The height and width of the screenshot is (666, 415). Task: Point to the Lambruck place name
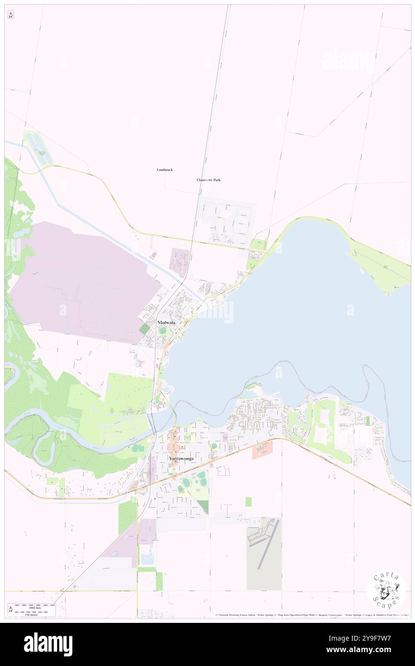pyautogui.click(x=164, y=170)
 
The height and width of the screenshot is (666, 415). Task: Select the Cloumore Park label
pyautogui.click(x=208, y=180)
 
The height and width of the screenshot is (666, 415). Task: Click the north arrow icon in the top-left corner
pyautogui.click(x=11, y=14)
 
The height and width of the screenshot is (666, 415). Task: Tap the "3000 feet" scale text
pyautogui.click(x=35, y=606)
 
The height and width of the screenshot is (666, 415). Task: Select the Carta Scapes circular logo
pyautogui.click(x=386, y=590)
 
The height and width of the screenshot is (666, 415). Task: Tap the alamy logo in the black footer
pyautogui.click(x=48, y=644)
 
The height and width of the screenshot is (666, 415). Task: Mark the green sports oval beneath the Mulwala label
pyautogui.click(x=163, y=331)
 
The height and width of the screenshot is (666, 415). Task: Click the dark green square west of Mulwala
pyautogui.click(x=144, y=329)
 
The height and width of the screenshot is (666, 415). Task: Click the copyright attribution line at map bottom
pyautogui.click(x=311, y=615)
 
